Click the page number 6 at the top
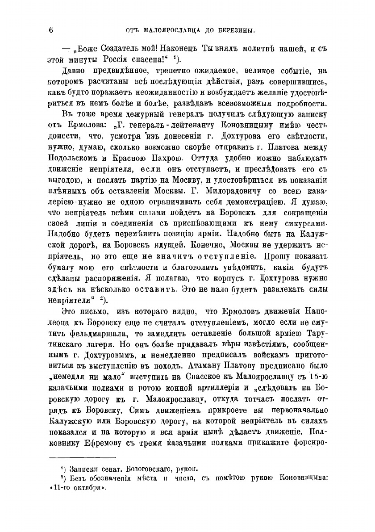51,30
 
